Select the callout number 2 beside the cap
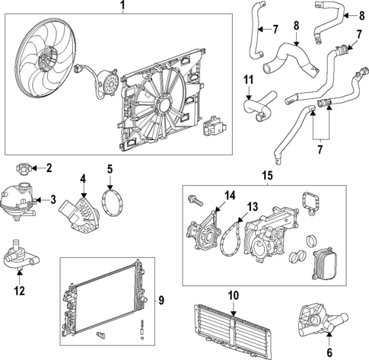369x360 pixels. point(49,167)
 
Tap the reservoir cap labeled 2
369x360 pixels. point(26,167)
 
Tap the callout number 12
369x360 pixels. point(20,289)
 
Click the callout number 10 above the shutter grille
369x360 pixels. point(234,293)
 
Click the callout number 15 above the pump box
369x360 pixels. point(267,177)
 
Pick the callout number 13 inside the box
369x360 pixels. point(253,205)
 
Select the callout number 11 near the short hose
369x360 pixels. point(248,79)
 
